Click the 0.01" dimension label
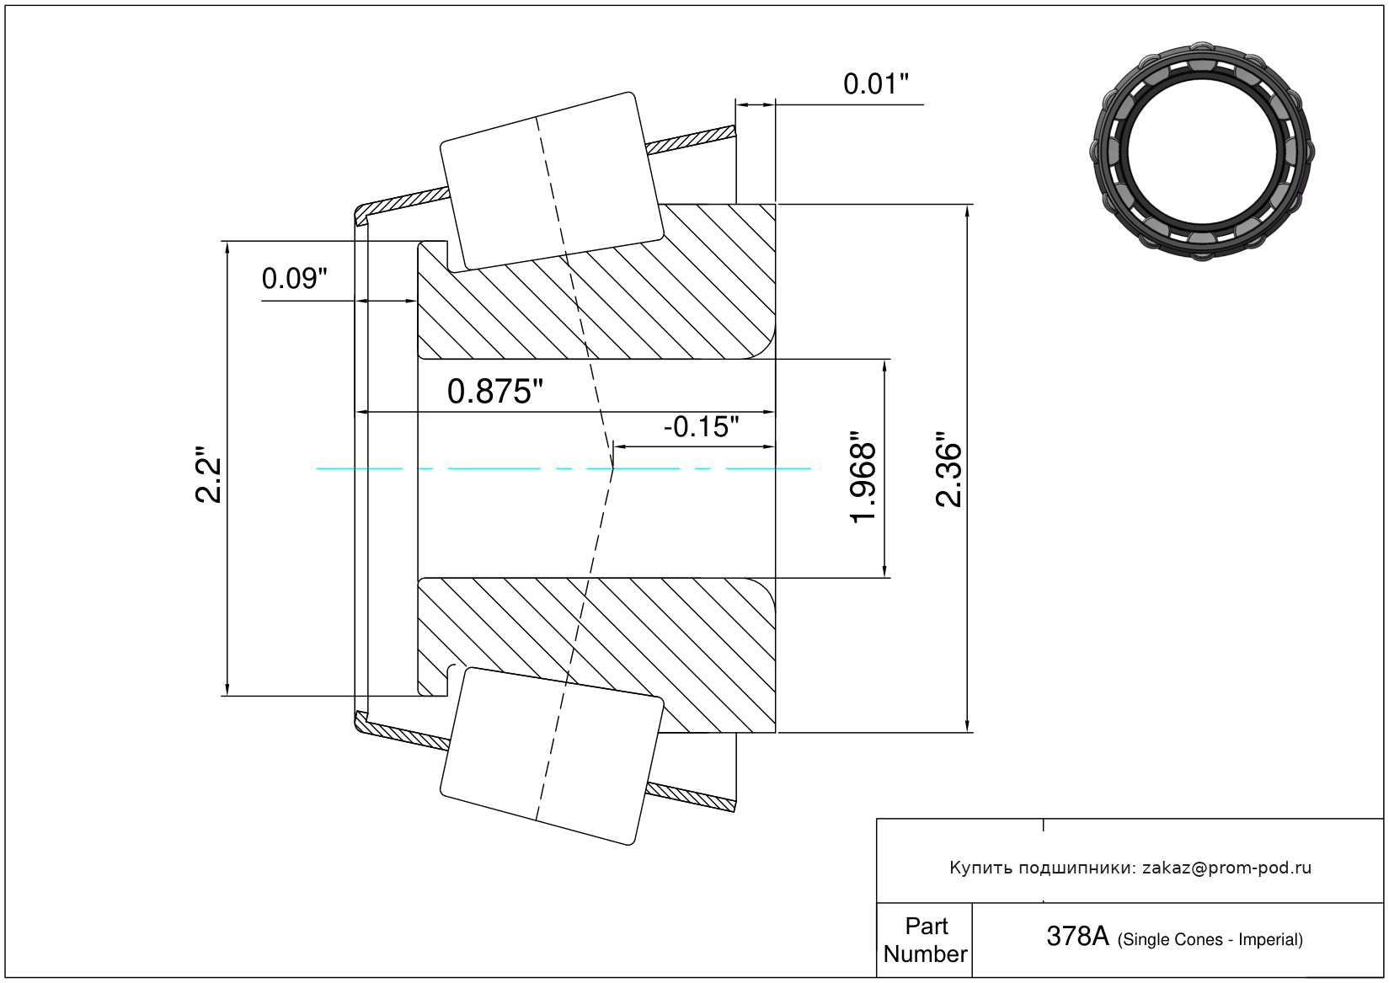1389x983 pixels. [876, 84]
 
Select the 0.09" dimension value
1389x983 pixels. [294, 279]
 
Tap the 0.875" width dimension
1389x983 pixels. [495, 392]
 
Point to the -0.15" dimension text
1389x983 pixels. [701, 427]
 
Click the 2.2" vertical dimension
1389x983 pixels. [208, 475]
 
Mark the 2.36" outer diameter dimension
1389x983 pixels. [949, 470]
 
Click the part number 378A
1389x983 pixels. [1077, 936]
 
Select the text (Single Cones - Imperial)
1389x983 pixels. [1210, 939]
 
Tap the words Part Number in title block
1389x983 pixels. [926, 940]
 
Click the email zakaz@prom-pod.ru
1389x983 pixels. [1226, 868]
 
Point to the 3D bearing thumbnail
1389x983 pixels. [1202, 149]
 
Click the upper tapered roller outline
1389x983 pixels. [552, 181]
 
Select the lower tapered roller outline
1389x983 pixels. [552, 756]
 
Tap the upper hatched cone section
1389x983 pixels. [640, 303]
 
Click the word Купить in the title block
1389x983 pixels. [980, 868]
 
